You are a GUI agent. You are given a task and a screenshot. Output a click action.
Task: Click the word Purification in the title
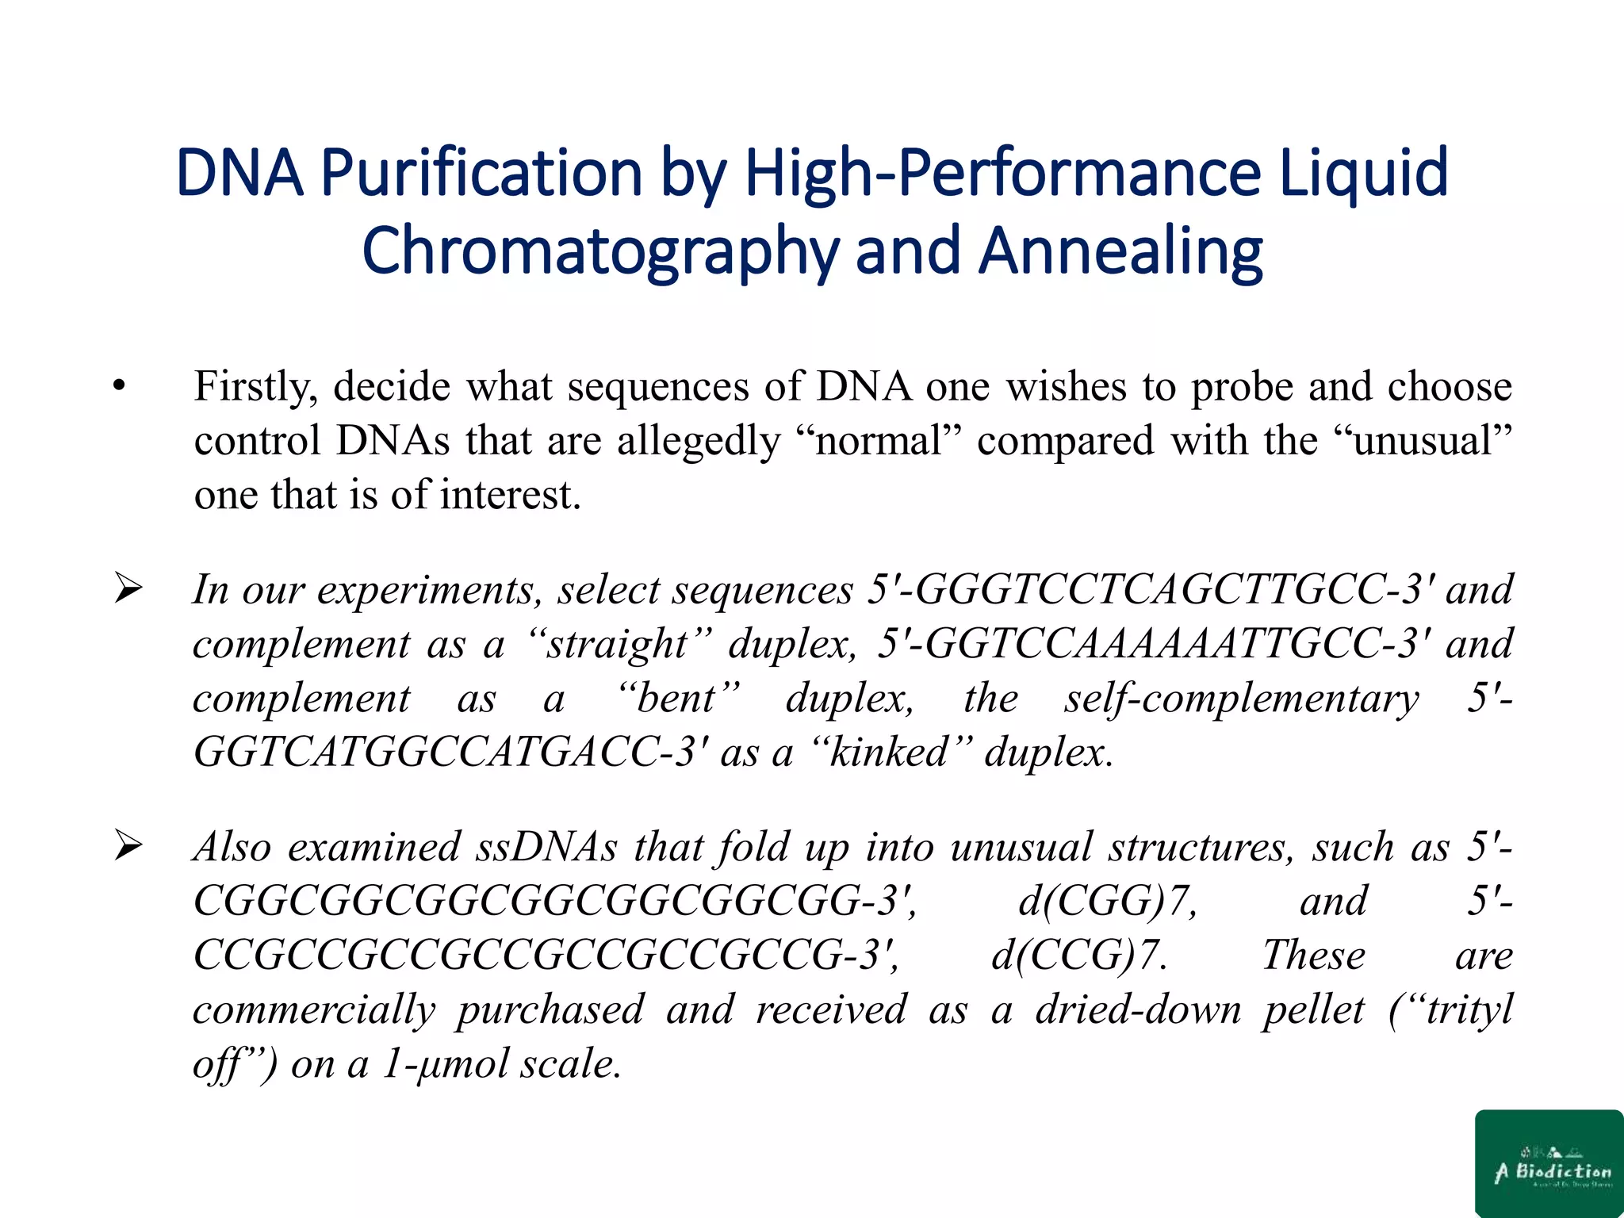pos(481,173)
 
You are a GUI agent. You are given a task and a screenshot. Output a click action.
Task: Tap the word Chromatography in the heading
pos(599,251)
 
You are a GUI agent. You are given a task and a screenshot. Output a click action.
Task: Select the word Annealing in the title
pos(1120,251)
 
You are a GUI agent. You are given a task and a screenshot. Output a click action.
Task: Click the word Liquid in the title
pos(1364,173)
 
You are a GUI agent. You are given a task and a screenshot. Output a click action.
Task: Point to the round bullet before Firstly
pos(119,388)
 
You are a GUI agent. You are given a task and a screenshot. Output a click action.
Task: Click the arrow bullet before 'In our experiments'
pos(128,589)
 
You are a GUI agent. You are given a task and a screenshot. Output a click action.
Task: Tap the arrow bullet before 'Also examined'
pos(128,846)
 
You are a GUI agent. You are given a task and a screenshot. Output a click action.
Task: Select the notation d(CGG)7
pos(1105,902)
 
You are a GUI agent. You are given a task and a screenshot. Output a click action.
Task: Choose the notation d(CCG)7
pos(1078,956)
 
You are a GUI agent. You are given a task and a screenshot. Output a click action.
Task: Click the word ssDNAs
pos(546,848)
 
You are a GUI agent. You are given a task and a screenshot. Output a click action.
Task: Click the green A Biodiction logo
pos(1549,1163)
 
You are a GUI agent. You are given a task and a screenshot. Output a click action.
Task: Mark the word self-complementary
pos(1241,699)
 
